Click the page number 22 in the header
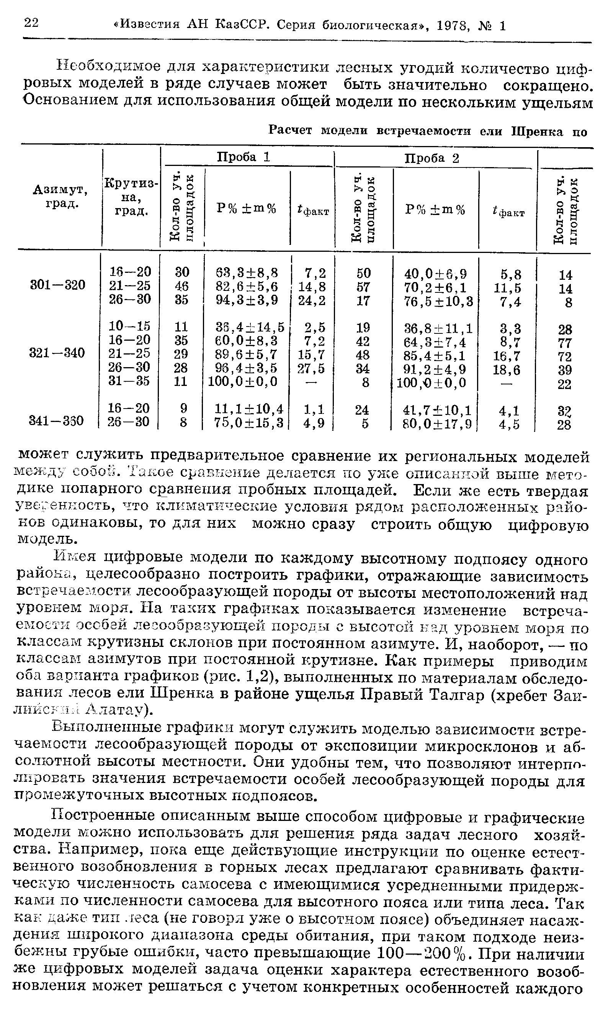point(31,23)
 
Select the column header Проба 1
point(244,158)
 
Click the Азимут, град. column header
point(60,196)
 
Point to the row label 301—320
point(58,285)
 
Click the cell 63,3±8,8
point(247,272)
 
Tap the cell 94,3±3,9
point(247,300)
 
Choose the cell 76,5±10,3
point(438,301)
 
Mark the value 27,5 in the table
point(311,369)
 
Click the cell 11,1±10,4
point(249,409)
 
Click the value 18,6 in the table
point(507,370)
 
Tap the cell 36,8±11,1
point(438,328)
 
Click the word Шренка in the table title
point(537,131)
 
